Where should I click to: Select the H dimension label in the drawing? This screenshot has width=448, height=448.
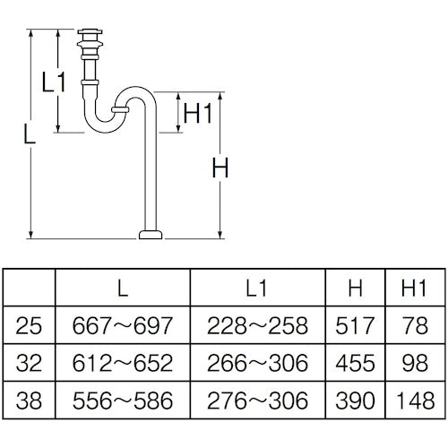tap(221, 168)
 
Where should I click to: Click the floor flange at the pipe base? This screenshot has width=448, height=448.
tap(150, 236)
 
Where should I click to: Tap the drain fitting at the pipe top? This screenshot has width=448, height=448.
tap(90, 40)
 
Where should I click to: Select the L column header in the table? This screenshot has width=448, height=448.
tap(123, 288)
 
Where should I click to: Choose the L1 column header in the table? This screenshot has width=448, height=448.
tap(256, 288)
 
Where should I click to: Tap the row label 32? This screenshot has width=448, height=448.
tap(29, 363)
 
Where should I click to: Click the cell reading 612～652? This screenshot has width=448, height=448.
tap(123, 363)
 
